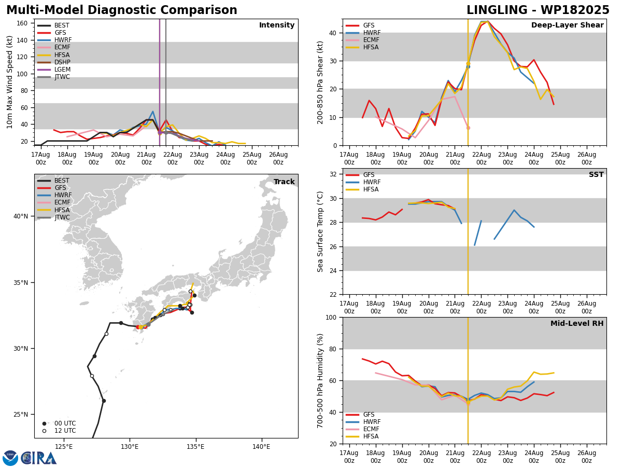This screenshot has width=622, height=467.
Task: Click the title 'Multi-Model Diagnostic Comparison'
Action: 122,10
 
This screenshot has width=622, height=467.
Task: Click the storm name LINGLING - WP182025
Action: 538,10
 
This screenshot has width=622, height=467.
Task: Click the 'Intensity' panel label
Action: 277,25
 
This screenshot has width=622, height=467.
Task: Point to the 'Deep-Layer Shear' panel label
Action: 567,25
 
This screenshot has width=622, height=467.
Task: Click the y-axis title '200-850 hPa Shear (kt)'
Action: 321,82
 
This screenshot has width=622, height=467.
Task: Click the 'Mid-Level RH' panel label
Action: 577,324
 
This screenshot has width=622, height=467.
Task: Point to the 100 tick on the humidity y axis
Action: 332,318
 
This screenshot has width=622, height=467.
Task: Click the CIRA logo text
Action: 39,458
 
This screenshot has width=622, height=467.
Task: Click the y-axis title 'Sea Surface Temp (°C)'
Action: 321,231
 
